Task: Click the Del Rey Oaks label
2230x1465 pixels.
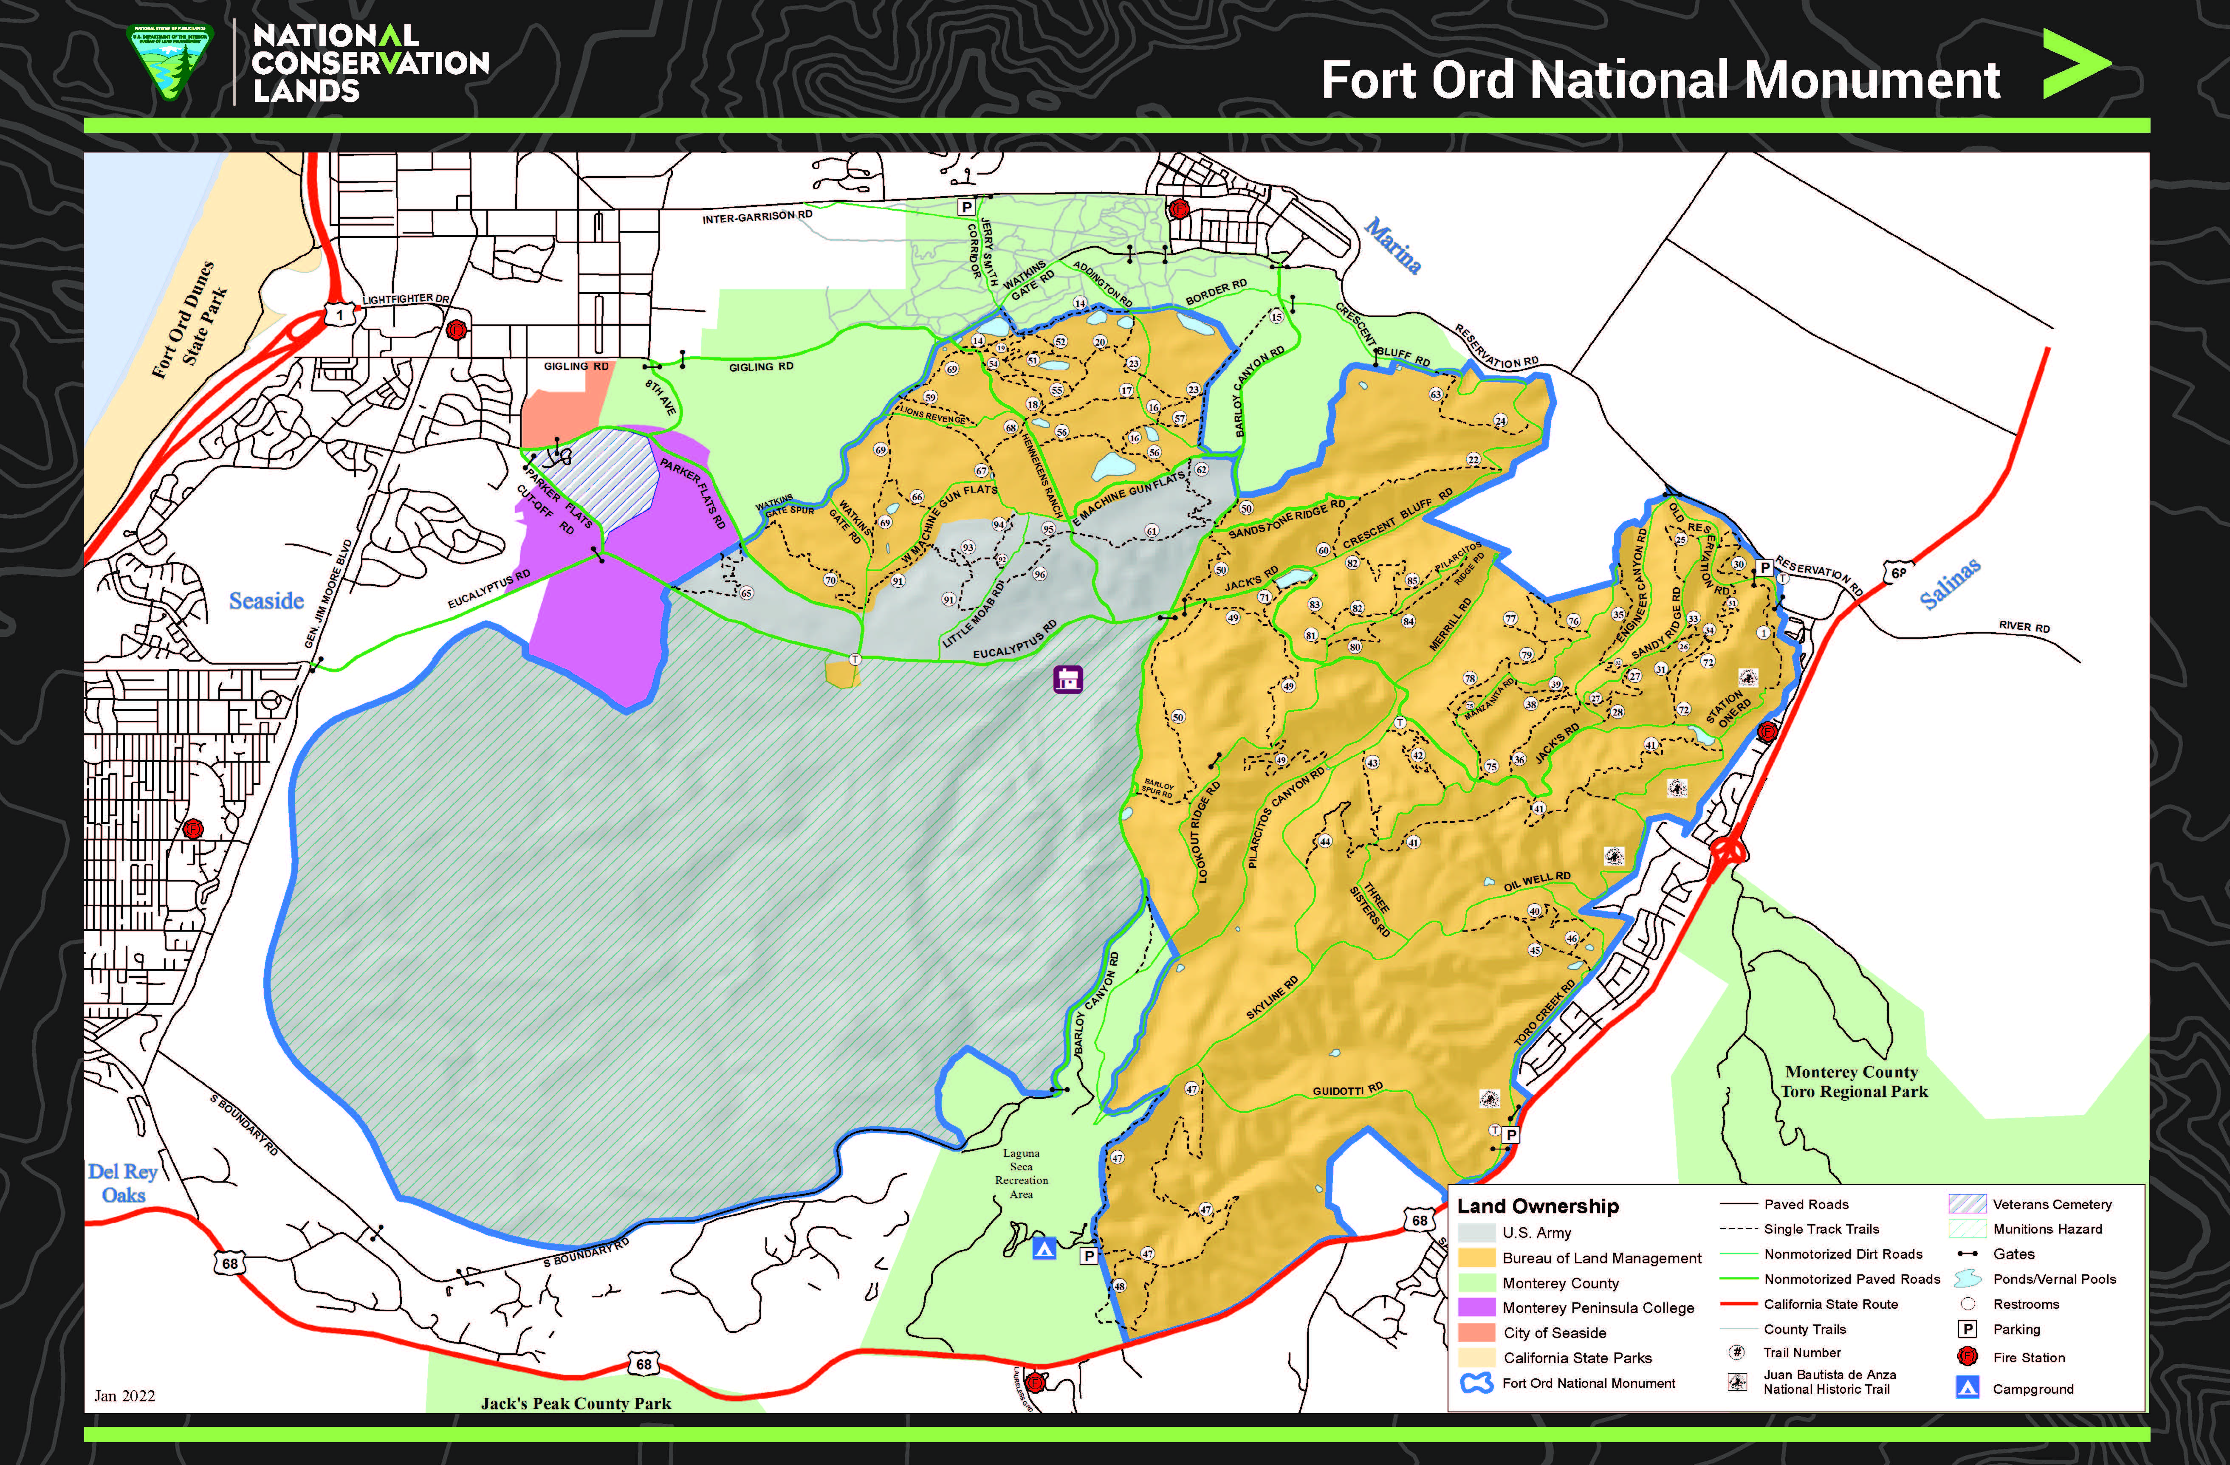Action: pos(123,1183)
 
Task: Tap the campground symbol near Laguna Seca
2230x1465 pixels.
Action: pos(1044,1248)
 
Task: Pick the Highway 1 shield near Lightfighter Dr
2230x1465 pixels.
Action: pos(339,316)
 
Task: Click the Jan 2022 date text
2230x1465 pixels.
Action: pos(124,1396)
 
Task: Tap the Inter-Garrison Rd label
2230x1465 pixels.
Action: pos(757,217)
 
